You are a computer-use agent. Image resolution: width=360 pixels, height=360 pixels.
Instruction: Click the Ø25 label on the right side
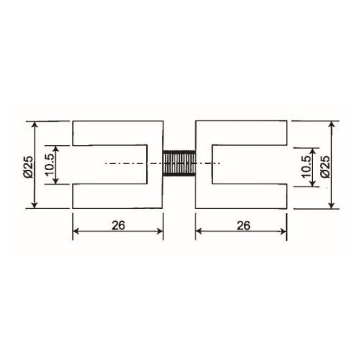pyautogui.click(x=325, y=165)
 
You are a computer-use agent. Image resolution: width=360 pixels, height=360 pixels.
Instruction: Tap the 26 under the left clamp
pyautogui.click(x=118, y=225)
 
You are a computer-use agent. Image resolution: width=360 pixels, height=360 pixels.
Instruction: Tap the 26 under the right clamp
pyautogui.click(x=243, y=225)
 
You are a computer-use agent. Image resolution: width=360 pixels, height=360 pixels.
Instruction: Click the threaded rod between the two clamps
pyautogui.click(x=179, y=163)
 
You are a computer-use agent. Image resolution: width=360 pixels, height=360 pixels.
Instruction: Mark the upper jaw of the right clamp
pyautogui.click(x=242, y=133)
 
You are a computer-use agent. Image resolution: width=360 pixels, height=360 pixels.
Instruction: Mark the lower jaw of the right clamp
pyautogui.click(x=242, y=196)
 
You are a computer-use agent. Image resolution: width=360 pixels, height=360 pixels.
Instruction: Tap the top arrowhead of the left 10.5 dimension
pyautogui.click(x=55, y=149)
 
